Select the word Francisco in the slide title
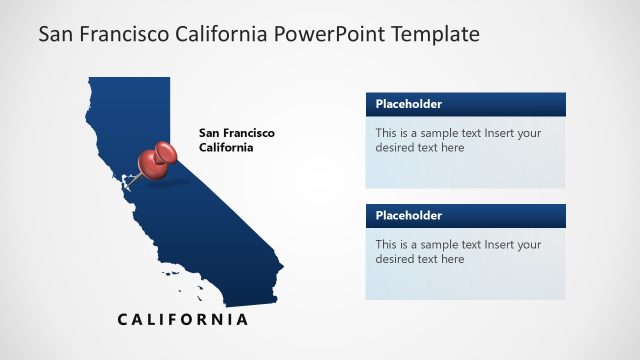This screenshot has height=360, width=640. coord(120,35)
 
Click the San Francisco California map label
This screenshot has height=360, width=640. coord(236,140)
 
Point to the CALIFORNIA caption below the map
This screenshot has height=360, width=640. coord(182,320)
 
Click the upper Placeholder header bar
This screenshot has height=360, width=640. coord(465,104)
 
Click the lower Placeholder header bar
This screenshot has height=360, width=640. coord(465,215)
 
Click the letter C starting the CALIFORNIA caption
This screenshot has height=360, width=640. coord(123,320)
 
